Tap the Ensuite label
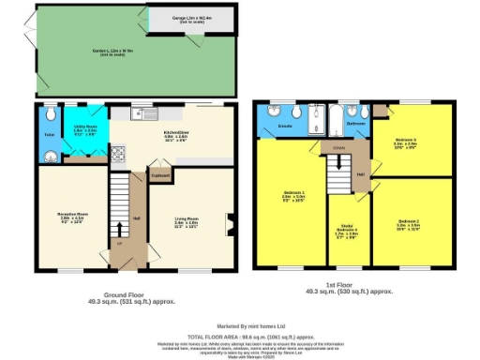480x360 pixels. (x=286, y=123)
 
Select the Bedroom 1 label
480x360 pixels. (x=294, y=197)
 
